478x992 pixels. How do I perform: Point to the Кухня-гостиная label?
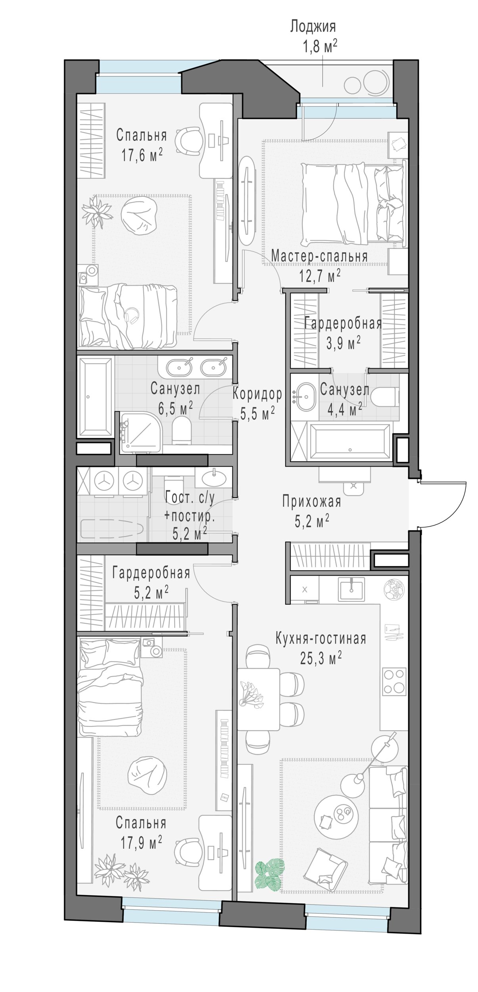[x=321, y=639]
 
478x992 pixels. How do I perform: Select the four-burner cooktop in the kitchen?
[x=394, y=681]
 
